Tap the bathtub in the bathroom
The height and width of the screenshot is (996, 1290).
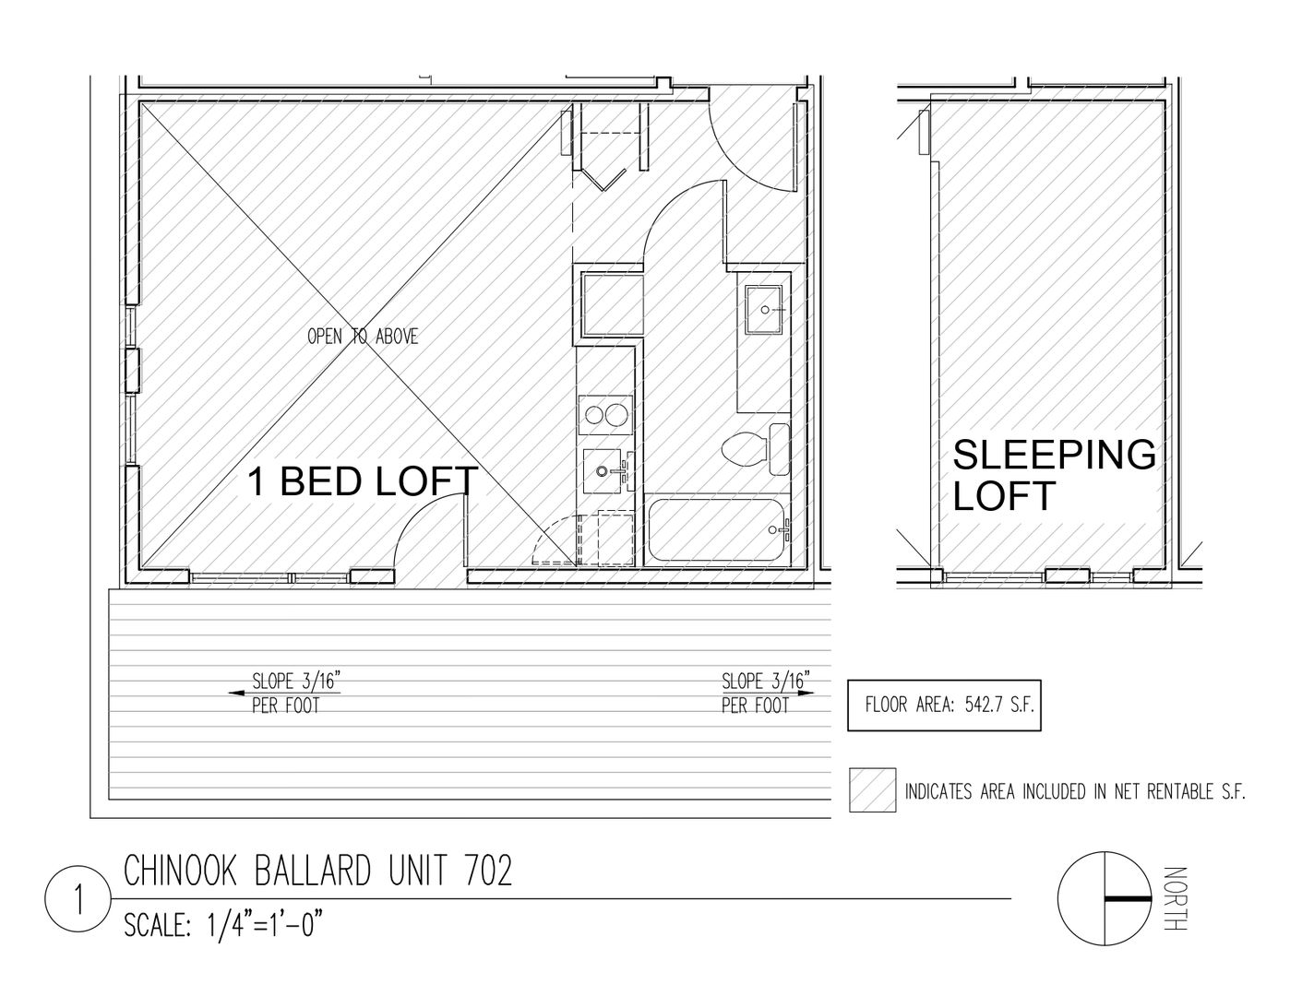pos(717,529)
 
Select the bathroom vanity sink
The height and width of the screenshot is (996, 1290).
pos(764,310)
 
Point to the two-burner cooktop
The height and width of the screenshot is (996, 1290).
pos(605,415)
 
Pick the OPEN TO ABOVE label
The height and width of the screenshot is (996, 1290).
pos(363,337)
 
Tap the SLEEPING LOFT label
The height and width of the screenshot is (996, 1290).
pos(1055,475)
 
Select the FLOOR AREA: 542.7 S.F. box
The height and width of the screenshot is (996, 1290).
pos(944,705)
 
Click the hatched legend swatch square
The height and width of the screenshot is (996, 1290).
pos(872,790)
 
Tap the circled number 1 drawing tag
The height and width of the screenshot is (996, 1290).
pos(78,899)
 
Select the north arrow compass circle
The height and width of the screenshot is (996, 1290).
pos(1105,898)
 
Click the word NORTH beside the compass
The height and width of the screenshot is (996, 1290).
pos(1176,899)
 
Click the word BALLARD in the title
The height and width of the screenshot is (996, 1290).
pos(314,871)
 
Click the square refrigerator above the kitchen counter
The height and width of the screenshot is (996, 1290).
pos(612,305)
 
